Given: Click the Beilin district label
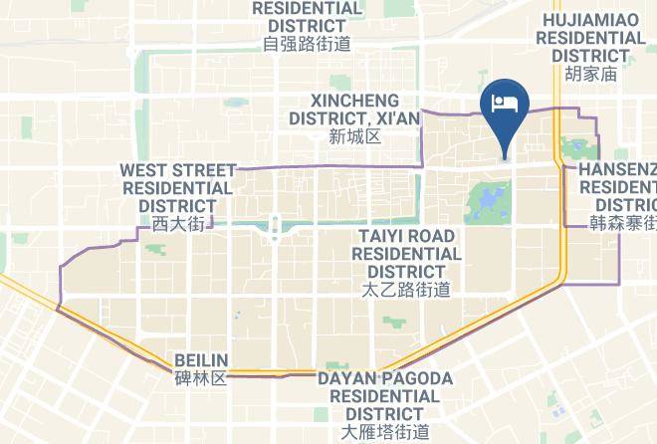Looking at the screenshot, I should (x=201, y=360).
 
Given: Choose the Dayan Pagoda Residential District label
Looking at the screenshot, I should (x=385, y=395).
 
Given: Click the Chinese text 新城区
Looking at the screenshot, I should (x=354, y=136).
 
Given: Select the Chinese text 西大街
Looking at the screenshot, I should (x=177, y=224).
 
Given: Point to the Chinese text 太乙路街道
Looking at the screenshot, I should (x=406, y=290).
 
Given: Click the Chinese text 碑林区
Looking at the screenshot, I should (x=201, y=378).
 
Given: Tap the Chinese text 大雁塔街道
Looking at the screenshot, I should (x=385, y=432).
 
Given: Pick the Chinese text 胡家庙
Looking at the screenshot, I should (x=590, y=74).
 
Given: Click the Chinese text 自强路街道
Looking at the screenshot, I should (x=307, y=44).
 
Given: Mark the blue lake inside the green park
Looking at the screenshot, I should (x=487, y=206).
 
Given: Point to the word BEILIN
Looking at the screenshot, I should (x=201, y=360).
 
